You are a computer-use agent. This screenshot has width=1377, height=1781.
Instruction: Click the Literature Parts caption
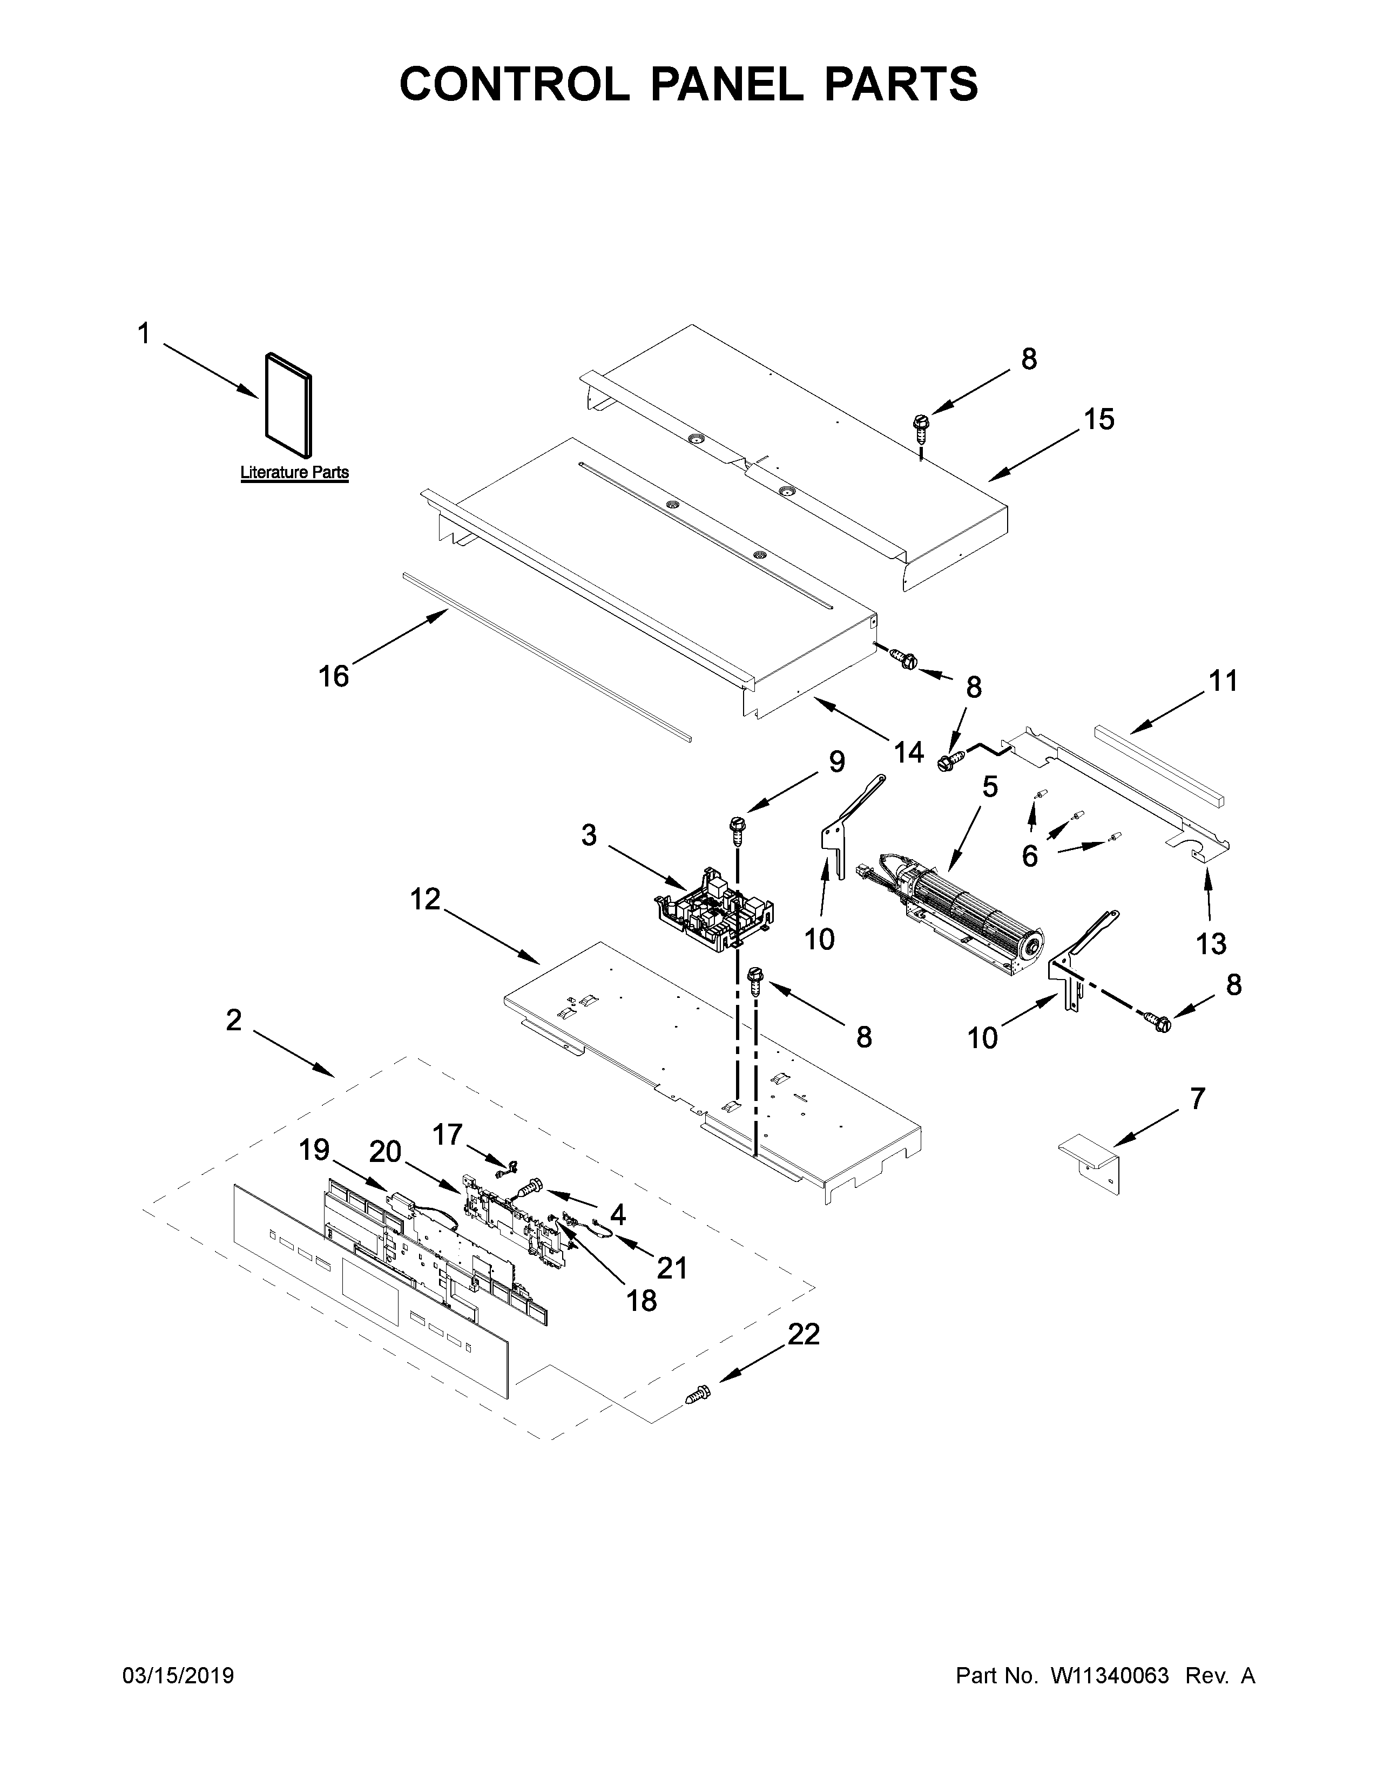[294, 472]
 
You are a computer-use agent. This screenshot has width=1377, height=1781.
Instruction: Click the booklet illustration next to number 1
[288, 404]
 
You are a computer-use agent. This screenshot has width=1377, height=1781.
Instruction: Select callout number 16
[334, 676]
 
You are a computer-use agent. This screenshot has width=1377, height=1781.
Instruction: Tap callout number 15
[1099, 419]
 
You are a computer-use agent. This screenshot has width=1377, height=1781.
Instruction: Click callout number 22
[804, 1335]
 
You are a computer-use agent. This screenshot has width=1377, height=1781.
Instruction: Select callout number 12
[426, 900]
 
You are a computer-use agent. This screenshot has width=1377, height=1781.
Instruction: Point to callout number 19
[314, 1150]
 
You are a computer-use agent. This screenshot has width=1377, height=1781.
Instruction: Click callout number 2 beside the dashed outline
[234, 1019]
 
